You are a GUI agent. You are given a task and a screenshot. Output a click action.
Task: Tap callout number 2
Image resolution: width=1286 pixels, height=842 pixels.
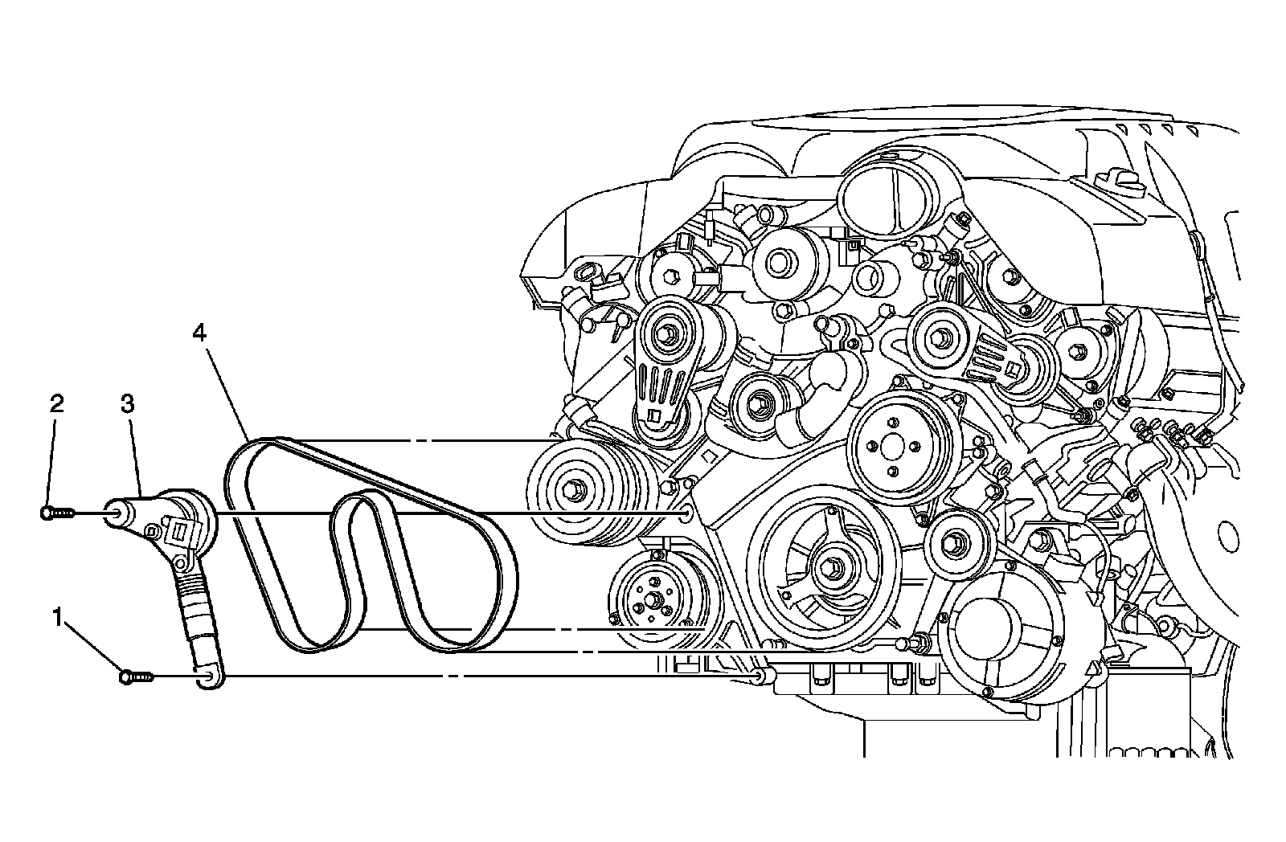click(56, 403)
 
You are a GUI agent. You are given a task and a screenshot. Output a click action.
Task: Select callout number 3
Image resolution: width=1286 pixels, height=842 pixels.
click(127, 403)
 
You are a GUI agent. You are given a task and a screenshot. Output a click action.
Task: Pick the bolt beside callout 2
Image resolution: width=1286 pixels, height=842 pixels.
click(55, 511)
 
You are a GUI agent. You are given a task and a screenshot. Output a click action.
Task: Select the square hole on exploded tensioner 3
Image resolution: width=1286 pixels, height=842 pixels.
click(178, 529)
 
